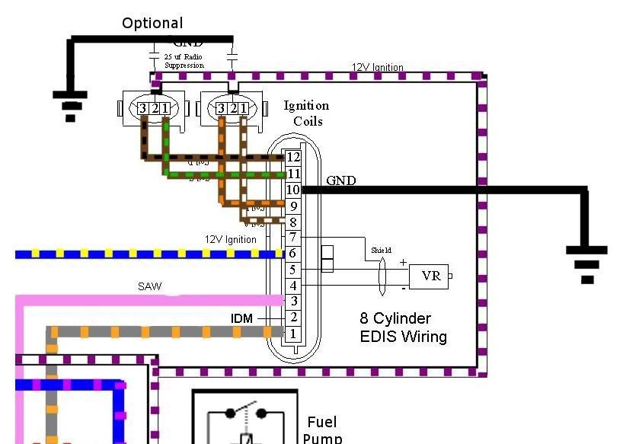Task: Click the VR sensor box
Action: point(430,276)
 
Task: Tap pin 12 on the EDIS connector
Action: point(293,157)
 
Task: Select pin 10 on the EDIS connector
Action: point(293,190)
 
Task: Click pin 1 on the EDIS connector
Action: point(293,334)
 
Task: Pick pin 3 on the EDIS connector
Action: point(293,302)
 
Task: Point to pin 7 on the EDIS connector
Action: point(293,238)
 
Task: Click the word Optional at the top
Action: point(152,24)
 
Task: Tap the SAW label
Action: point(149,286)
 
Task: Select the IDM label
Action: point(242,318)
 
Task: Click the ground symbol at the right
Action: point(586,264)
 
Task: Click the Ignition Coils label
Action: point(306,113)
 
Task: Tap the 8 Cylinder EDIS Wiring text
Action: point(403,327)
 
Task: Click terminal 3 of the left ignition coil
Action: point(142,109)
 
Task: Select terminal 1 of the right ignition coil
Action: point(243,109)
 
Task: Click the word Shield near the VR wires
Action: point(381,250)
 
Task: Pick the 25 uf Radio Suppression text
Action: point(184,61)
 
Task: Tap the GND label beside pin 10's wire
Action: point(340,180)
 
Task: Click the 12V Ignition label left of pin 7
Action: point(230,239)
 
